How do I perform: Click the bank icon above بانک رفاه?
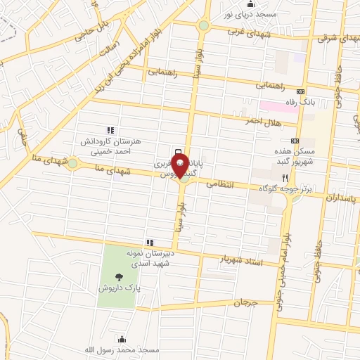[302, 91]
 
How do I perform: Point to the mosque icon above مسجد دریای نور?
[251, 5]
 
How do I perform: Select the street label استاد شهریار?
[242, 261]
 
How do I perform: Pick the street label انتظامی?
[221, 184]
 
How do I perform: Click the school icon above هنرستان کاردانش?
[110, 130]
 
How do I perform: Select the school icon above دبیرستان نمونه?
[149, 243]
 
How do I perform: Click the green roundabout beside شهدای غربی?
[203, 26]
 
